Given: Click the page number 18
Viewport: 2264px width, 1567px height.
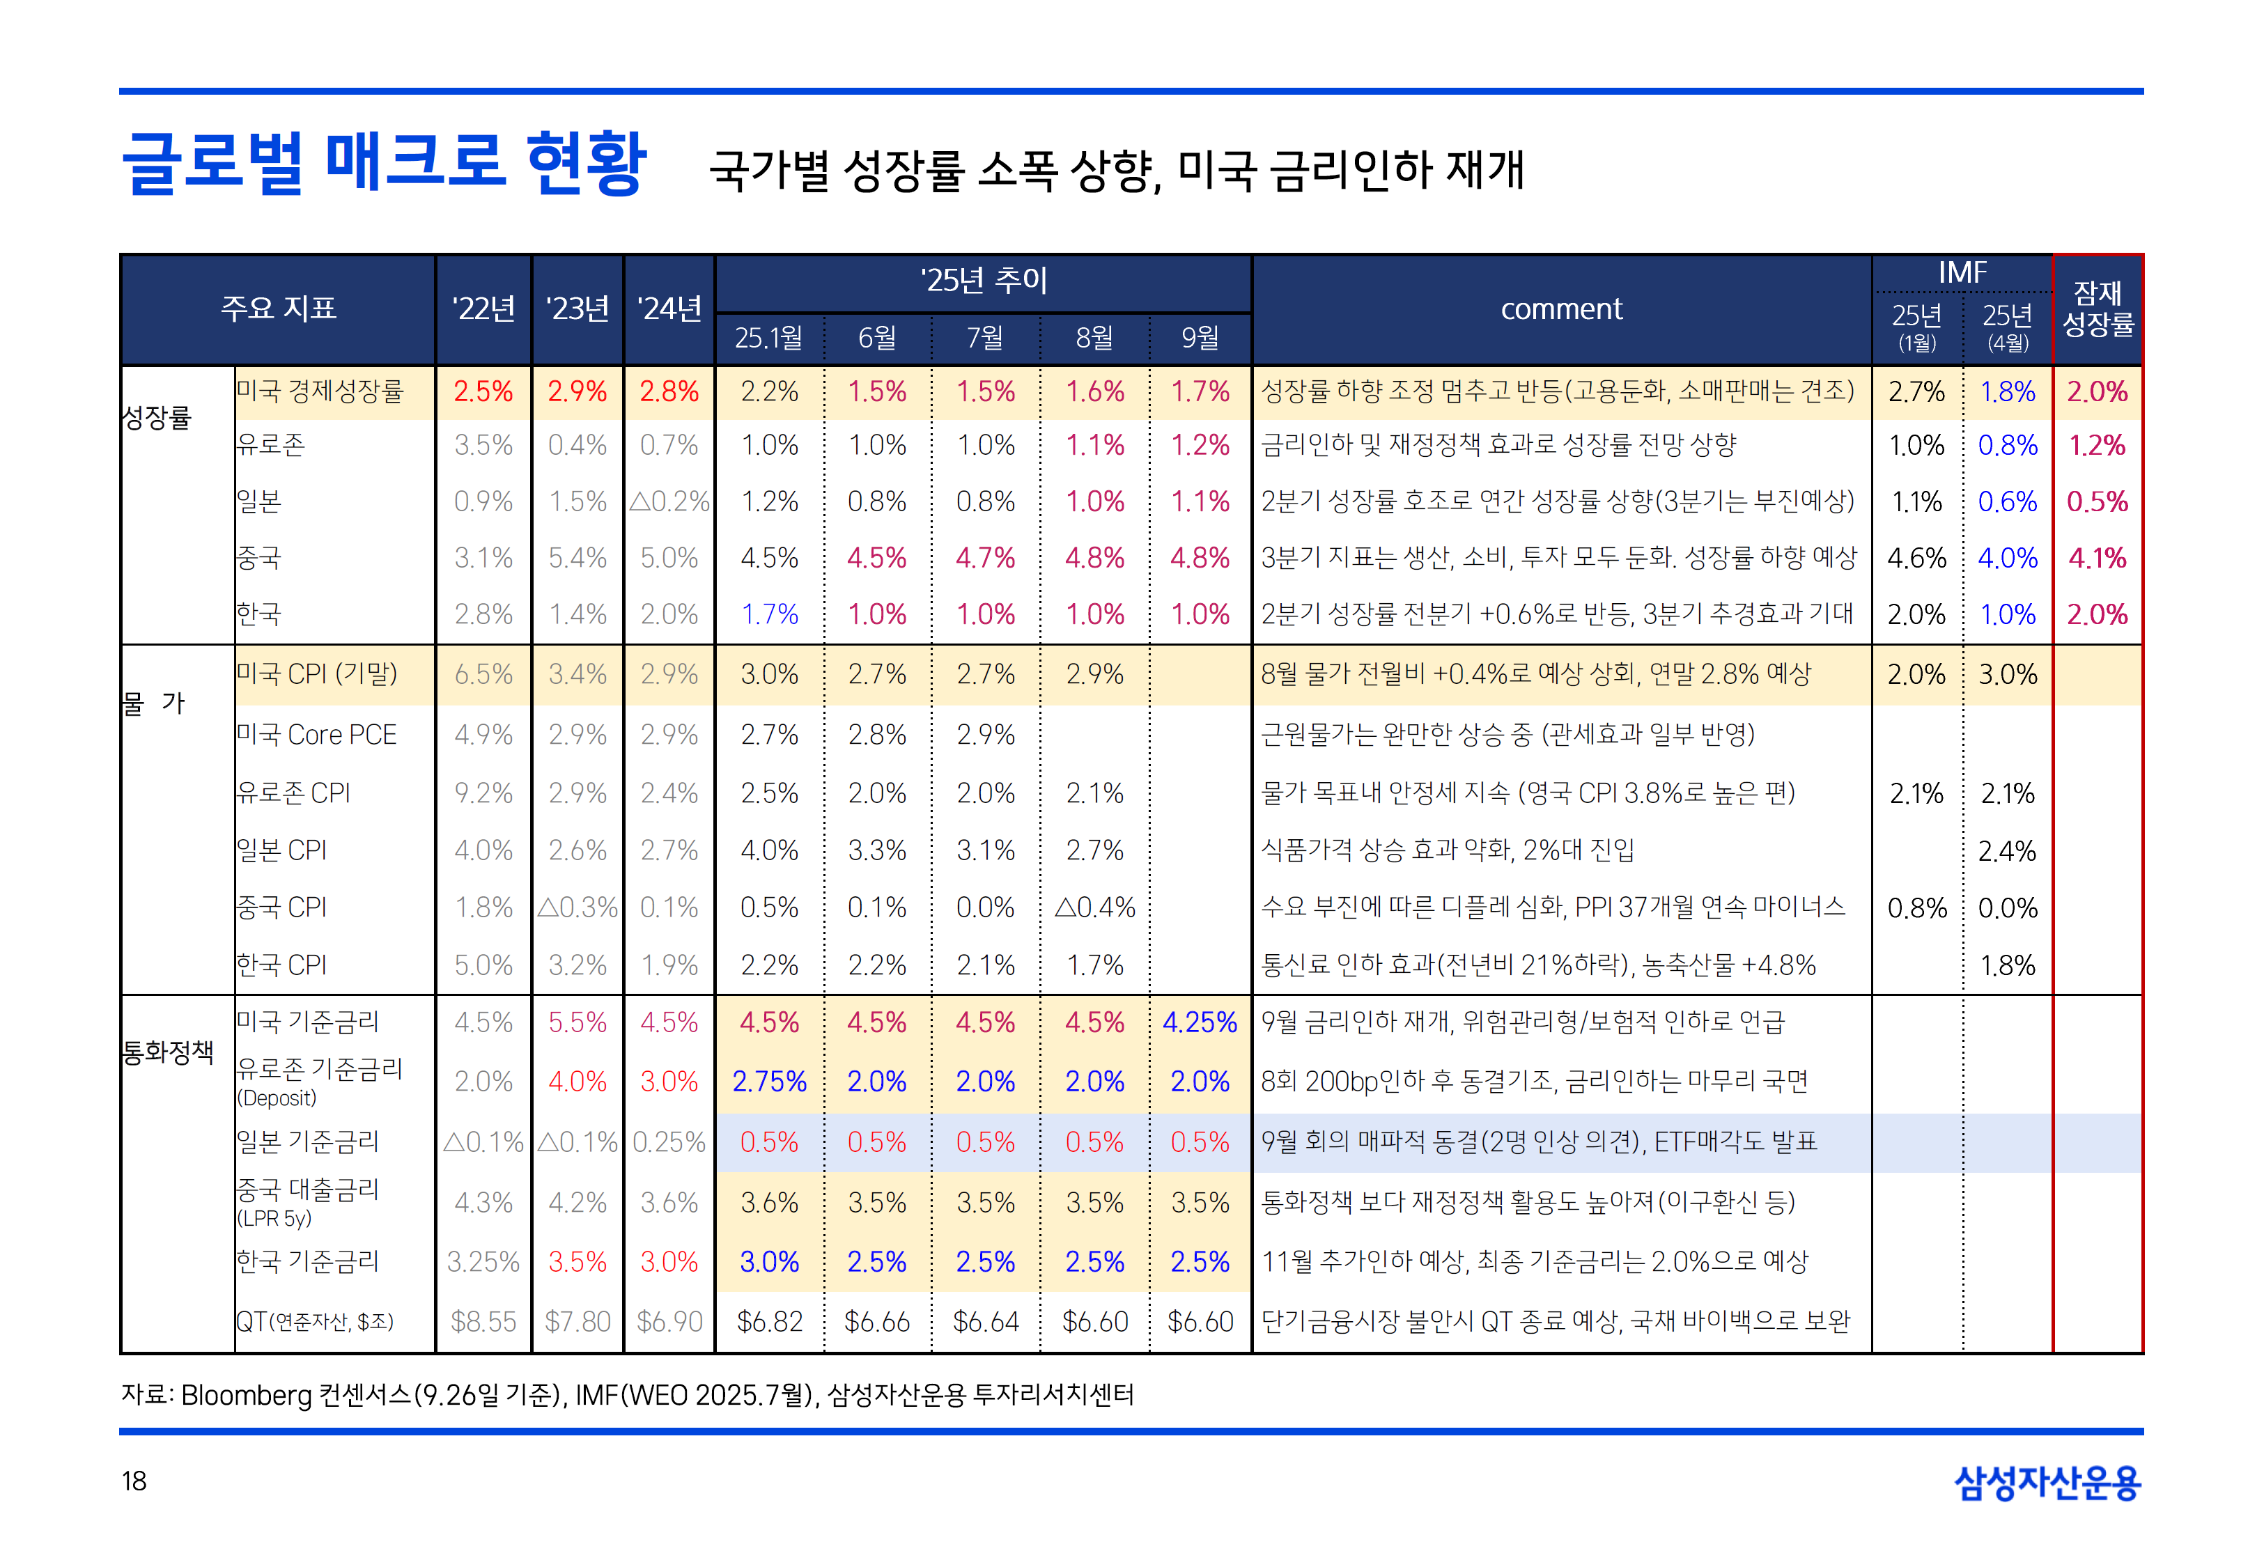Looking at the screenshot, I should (134, 1481).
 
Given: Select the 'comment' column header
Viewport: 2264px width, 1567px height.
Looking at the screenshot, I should (1561, 309).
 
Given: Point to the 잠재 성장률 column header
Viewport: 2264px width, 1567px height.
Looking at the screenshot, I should (2097, 309).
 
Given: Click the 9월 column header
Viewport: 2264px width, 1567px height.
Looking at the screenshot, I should (1200, 338).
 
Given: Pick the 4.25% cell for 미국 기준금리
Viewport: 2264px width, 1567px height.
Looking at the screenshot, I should (1200, 1022).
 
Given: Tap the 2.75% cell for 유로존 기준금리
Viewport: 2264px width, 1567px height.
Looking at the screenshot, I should (769, 1081).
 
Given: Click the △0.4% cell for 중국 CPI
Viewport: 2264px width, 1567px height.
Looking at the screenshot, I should (1094, 907).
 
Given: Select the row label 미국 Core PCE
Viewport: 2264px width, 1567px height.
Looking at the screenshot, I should (316, 735).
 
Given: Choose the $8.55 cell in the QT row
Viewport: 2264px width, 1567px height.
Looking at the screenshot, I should (483, 1322).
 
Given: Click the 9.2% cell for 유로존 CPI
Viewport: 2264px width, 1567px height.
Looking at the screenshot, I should (483, 793).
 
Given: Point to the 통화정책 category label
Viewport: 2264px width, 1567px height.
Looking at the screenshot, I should (168, 1052).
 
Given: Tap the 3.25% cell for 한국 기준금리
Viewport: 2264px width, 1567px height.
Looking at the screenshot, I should (483, 1262).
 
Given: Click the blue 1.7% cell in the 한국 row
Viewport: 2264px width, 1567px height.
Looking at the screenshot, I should (769, 615).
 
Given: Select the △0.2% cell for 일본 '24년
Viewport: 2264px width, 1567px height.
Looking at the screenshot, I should (669, 501).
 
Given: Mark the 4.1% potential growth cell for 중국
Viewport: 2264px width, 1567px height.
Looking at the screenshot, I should (2097, 558).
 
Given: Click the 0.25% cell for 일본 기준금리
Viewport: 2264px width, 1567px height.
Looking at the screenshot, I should (669, 1142).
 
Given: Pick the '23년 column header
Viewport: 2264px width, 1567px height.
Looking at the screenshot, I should (577, 309).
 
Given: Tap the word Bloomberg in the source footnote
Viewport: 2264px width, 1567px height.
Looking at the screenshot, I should (247, 1394).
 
